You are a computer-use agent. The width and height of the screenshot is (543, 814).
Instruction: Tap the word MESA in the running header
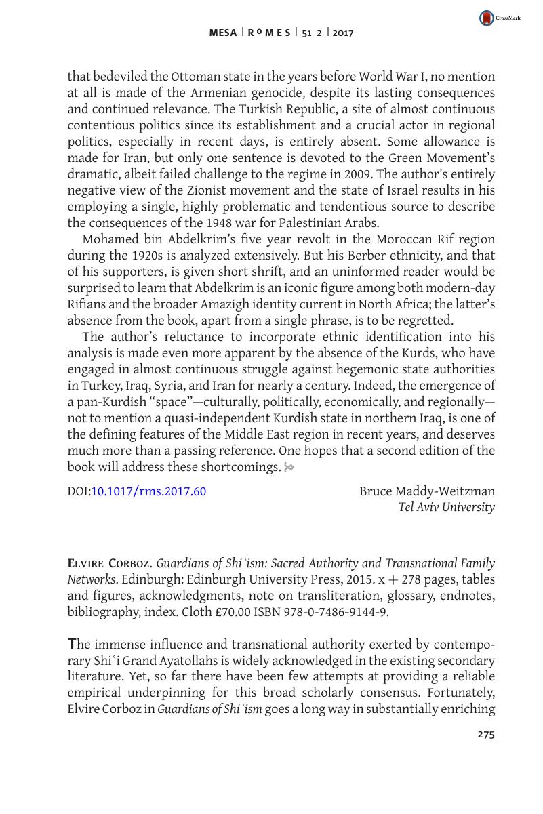[x=223, y=33]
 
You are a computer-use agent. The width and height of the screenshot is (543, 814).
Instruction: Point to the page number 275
[x=486, y=734]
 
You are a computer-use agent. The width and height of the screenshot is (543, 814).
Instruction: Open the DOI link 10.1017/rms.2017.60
[x=148, y=491]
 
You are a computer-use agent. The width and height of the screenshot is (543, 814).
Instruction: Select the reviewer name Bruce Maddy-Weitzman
[x=427, y=491]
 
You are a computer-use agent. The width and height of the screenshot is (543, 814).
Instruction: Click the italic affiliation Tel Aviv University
[x=447, y=507]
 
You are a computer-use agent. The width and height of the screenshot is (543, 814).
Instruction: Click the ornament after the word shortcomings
[x=289, y=467]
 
